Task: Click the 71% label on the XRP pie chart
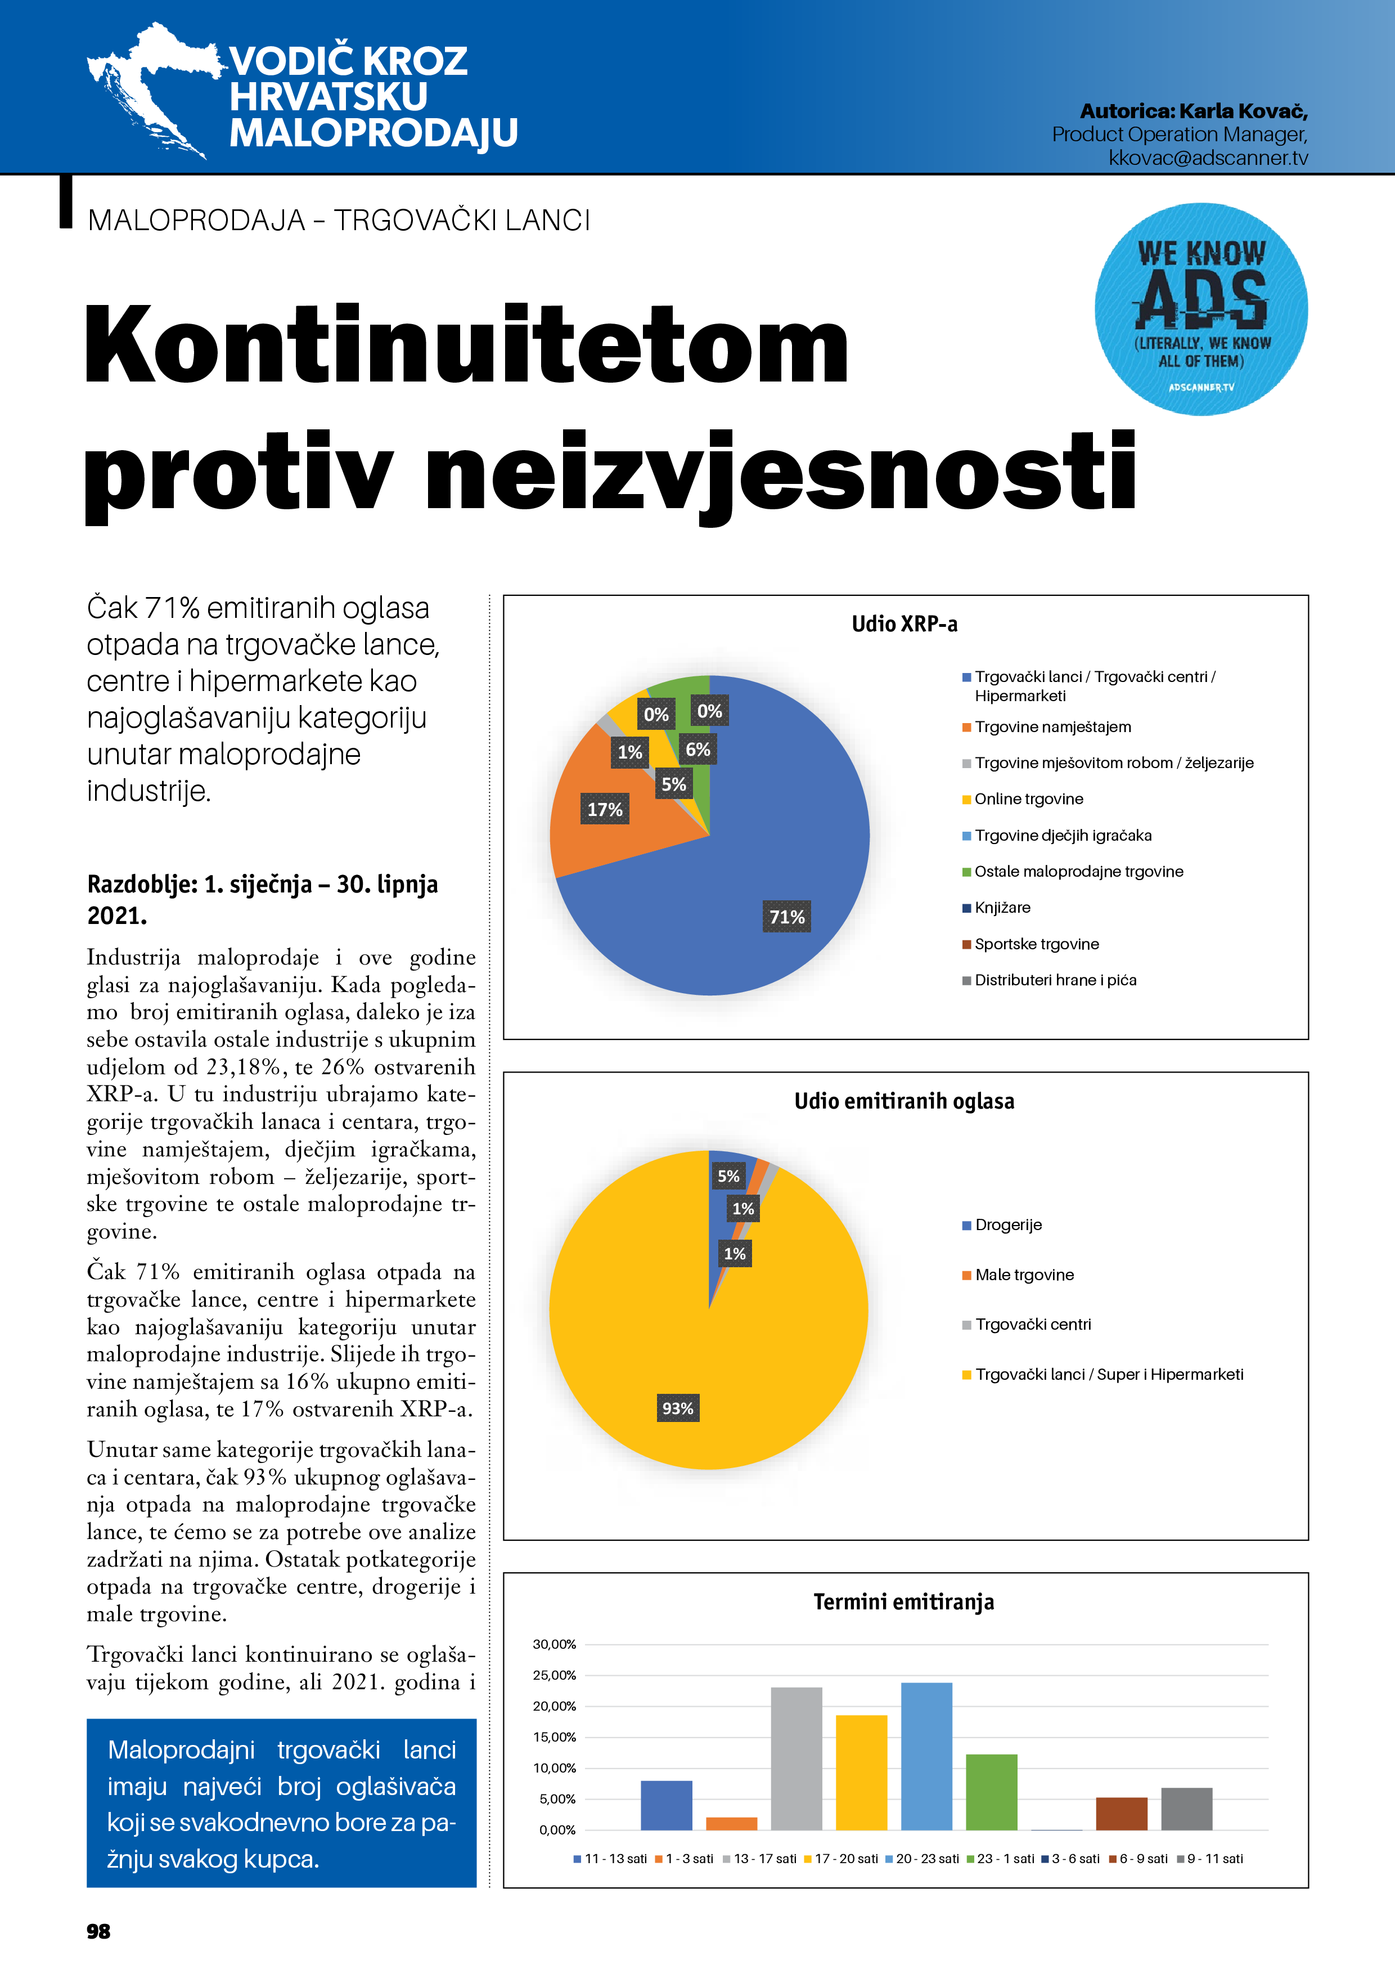pos(786,917)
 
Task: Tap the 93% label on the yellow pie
pos(677,1408)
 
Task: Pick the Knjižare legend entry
pos(1001,907)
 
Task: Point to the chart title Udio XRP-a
pos(904,623)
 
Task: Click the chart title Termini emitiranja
pos(903,1601)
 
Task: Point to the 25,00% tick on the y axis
pos(555,1675)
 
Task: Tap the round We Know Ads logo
pos(1201,309)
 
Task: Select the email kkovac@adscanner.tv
pos(1208,158)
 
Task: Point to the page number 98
pos(99,1931)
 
